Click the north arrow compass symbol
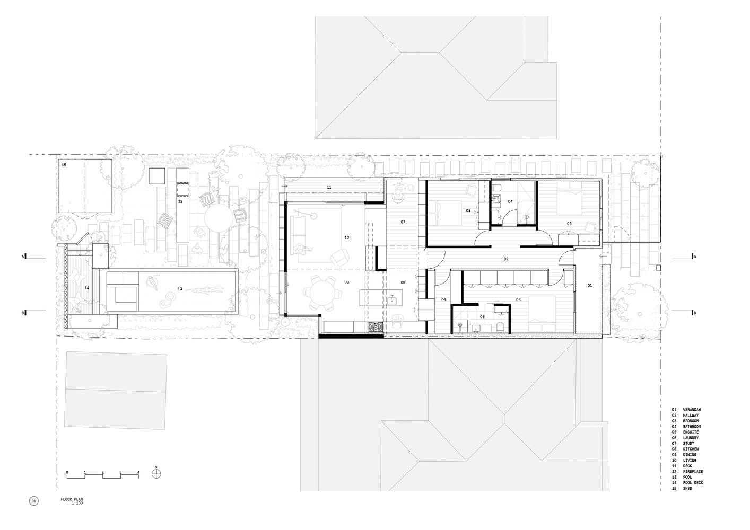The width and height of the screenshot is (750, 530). click(x=156, y=474)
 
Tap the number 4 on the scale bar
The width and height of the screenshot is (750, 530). click(x=138, y=472)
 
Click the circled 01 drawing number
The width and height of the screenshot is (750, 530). click(x=33, y=501)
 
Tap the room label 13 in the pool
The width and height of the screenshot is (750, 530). click(x=180, y=289)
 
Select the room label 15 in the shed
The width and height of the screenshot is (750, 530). click(x=64, y=165)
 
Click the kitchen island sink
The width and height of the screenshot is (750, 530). click(x=392, y=300)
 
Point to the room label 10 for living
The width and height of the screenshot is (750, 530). click(x=346, y=237)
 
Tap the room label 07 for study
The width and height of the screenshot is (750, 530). click(x=403, y=222)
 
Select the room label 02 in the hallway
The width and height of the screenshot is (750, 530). click(x=506, y=259)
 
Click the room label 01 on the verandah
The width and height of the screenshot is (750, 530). click(x=590, y=286)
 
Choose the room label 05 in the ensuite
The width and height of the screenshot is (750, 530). click(x=482, y=316)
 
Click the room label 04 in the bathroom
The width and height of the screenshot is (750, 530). click(x=510, y=201)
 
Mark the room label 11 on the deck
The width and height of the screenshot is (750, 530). click(x=329, y=188)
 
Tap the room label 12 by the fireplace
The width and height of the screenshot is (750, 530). click(x=180, y=201)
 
